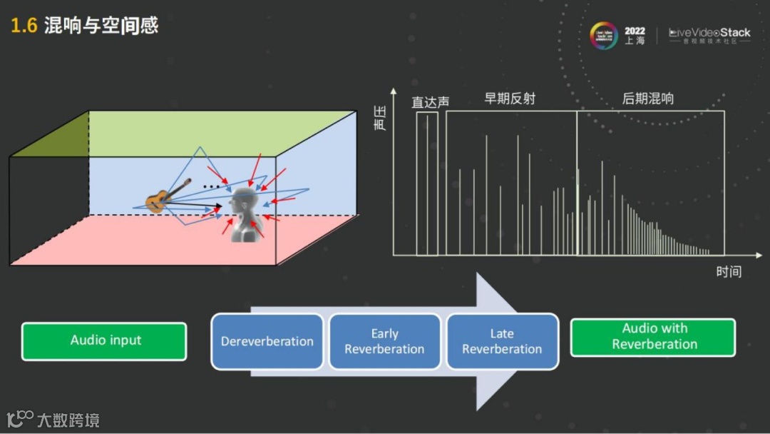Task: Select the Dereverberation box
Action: tap(267, 341)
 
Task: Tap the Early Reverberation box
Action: tap(384, 341)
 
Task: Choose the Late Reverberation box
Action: tap(502, 341)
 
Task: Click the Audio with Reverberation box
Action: tap(653, 337)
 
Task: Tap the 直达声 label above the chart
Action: tap(431, 102)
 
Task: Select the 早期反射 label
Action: tap(510, 99)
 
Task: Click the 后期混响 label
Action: tap(648, 99)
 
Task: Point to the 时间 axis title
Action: tap(729, 271)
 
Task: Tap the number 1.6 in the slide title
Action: tap(24, 26)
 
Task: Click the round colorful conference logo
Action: tap(604, 36)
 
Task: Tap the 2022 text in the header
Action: tap(635, 31)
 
